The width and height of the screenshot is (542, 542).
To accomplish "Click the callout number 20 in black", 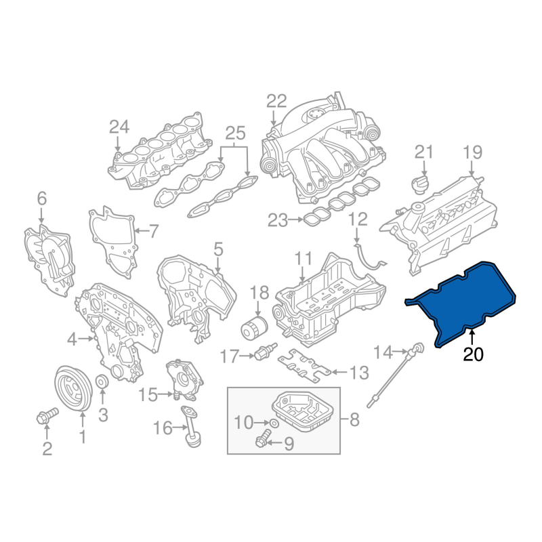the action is click(x=473, y=354).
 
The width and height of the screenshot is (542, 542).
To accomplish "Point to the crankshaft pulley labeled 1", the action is click(x=73, y=389).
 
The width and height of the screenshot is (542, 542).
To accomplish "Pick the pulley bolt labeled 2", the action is click(x=47, y=416).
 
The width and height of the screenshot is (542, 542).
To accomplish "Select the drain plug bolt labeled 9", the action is click(x=262, y=438).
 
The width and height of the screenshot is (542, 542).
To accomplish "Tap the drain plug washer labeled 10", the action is click(x=274, y=423).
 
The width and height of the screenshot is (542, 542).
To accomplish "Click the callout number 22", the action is click(x=276, y=101).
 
